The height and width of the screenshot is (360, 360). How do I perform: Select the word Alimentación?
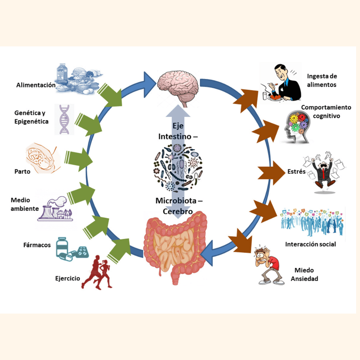36,85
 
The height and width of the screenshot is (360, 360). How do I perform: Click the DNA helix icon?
64,119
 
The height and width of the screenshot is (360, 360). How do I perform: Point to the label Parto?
22,172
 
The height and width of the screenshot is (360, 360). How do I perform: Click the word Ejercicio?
67,278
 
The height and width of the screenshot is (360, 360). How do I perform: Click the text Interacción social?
310,244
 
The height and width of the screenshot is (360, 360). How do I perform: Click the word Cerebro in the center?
178,212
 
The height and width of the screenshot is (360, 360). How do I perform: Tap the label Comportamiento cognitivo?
326,111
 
